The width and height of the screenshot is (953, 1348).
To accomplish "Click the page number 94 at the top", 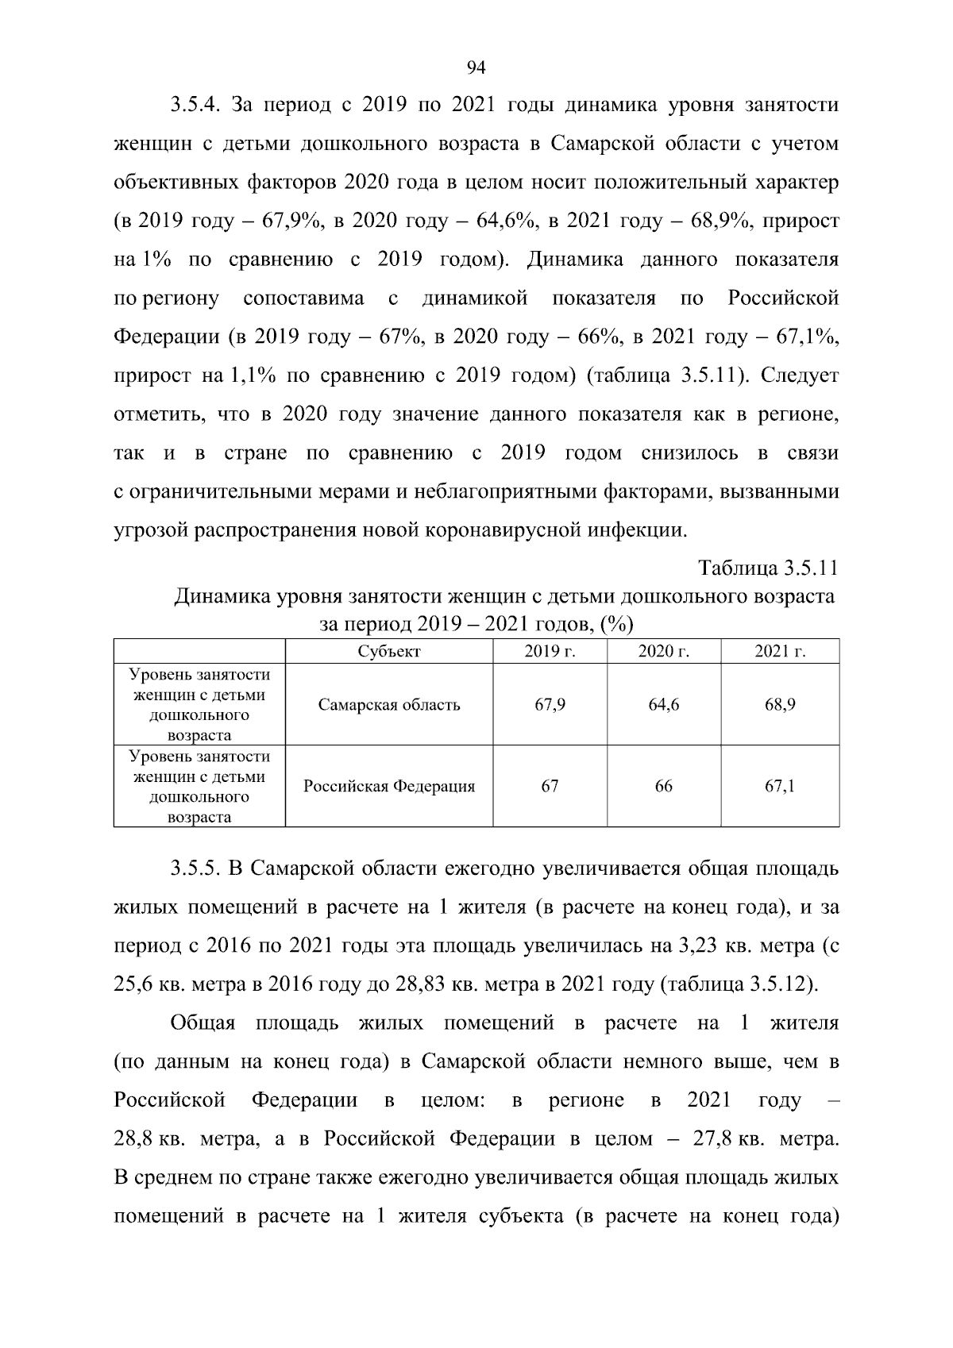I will click(476, 67).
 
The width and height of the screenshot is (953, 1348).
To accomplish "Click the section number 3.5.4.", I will click(199, 105).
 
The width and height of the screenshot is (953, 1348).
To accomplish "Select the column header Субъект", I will click(389, 652).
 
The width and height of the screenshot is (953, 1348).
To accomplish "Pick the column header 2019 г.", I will click(550, 652).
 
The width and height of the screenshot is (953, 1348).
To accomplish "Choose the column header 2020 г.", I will click(663, 652).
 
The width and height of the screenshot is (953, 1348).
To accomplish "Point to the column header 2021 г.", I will click(780, 652).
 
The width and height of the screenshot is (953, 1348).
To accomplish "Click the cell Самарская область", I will click(389, 705).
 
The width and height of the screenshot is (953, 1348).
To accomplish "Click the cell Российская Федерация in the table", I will click(389, 787).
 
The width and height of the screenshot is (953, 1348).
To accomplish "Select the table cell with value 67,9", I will click(550, 705).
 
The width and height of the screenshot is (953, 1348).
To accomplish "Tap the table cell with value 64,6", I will click(663, 705).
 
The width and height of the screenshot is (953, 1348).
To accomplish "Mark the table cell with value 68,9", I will click(780, 705).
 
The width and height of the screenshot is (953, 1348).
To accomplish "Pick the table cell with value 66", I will click(663, 787).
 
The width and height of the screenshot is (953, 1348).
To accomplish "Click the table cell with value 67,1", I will click(780, 787).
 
